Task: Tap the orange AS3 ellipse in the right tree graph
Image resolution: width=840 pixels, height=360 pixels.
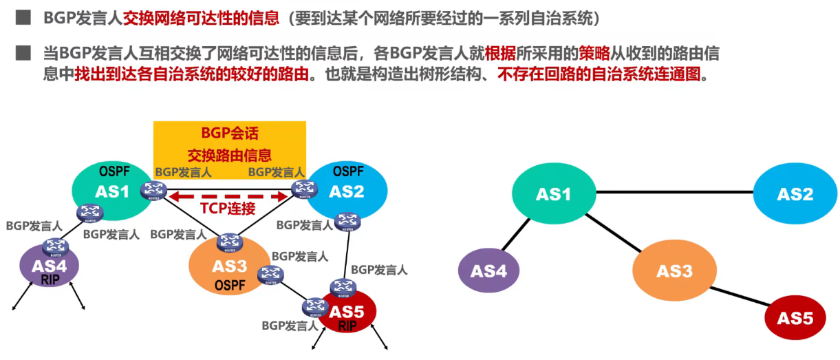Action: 674,271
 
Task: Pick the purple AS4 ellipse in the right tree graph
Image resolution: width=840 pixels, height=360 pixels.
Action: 489,271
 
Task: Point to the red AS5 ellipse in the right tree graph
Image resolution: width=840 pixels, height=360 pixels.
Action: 795,318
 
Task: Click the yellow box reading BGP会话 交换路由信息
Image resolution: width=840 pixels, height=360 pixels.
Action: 229,144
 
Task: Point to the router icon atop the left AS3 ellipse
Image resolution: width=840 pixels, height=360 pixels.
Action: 229,242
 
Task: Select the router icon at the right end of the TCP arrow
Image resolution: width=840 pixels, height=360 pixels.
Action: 301,187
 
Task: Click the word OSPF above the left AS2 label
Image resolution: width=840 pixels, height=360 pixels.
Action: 348,171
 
